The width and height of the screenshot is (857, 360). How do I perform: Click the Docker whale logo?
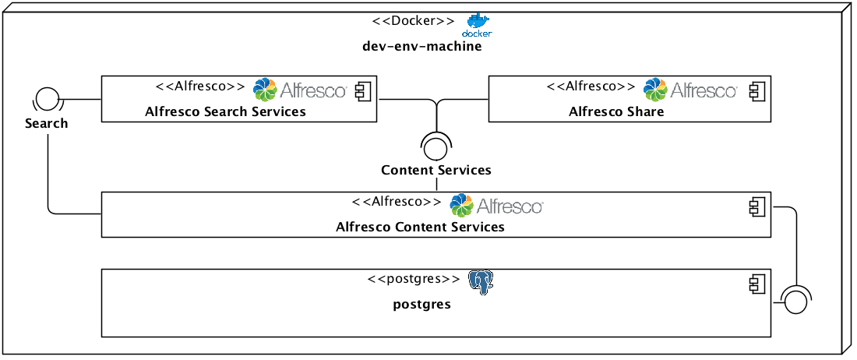[x=478, y=24]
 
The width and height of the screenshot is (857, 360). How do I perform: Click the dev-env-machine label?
[x=422, y=46]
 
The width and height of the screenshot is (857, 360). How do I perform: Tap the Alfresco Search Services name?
[x=225, y=111]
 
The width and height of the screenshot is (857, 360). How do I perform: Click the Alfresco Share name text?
[x=616, y=111]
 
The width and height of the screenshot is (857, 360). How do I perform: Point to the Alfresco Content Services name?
[x=420, y=228]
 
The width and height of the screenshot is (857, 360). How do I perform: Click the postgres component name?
[x=421, y=304]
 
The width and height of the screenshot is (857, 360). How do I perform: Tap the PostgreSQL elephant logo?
[x=481, y=282]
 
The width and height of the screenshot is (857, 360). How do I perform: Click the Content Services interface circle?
[x=436, y=145]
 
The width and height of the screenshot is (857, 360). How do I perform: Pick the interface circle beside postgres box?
[x=795, y=300]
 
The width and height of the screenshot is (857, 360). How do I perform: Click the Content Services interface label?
[x=436, y=170]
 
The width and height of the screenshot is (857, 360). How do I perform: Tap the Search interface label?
[x=47, y=123]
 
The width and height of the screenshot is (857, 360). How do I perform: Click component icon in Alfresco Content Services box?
[x=756, y=206]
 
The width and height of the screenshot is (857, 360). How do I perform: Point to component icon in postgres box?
[x=756, y=283]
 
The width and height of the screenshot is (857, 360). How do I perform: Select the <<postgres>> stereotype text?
[x=414, y=278]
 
